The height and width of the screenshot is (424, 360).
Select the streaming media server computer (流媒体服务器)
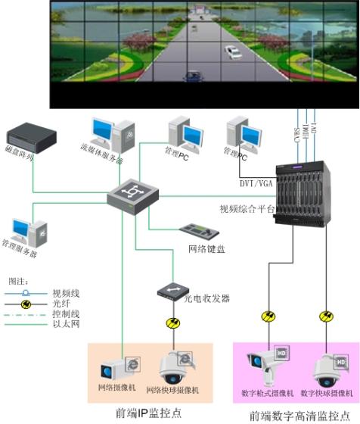click(x=111, y=136)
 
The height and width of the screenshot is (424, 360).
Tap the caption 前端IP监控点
click(x=149, y=413)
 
